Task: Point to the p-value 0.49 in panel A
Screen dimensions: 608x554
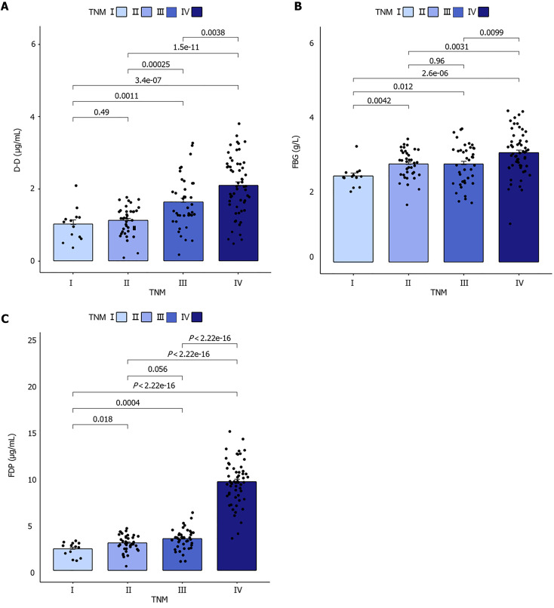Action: pos(100,112)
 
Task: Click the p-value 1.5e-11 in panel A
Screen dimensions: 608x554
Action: pos(183,47)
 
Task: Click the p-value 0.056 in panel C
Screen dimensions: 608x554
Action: pos(155,369)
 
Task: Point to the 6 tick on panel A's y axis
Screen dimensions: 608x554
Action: pos(55,45)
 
